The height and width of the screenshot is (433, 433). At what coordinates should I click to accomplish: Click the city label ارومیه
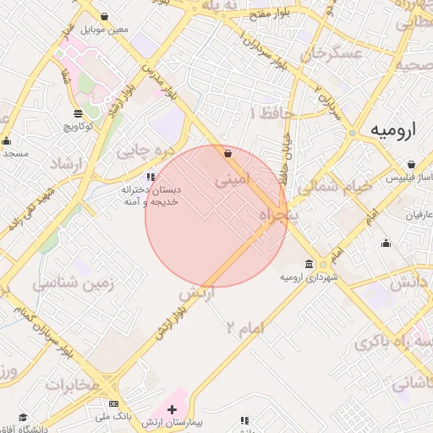click(x=394, y=131)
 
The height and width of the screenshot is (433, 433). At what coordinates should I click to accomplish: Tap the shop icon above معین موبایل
click(x=104, y=17)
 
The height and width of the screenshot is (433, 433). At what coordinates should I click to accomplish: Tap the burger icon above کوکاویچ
click(x=78, y=112)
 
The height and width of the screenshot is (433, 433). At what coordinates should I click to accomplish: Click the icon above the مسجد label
click(x=7, y=141)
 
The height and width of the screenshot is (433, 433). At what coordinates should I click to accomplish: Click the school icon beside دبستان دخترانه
click(x=151, y=177)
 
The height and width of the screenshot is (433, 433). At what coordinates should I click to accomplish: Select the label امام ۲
click(x=245, y=327)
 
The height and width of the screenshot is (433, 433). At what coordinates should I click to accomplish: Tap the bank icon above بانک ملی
click(x=114, y=404)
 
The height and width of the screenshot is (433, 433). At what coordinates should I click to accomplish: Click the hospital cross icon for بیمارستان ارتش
click(x=173, y=409)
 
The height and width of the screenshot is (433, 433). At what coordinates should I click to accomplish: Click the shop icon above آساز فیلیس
click(x=411, y=164)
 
